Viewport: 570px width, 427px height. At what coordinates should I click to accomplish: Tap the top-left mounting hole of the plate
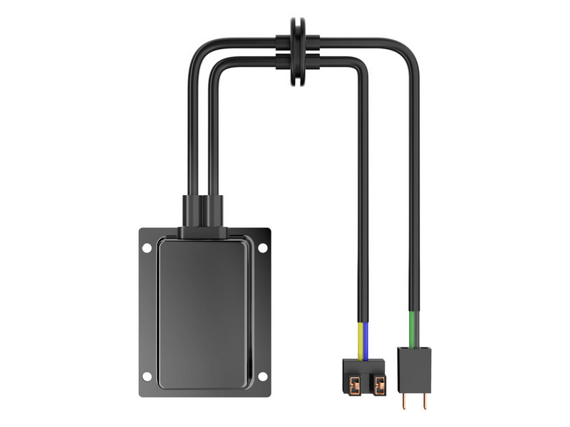[x=147, y=248]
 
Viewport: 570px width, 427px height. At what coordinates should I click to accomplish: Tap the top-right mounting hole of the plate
[x=262, y=248]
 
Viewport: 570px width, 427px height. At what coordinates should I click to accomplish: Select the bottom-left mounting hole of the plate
[x=147, y=376]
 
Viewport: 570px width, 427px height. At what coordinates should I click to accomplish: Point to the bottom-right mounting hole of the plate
[x=262, y=376]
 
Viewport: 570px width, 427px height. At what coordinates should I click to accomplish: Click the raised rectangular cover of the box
[x=204, y=313]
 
